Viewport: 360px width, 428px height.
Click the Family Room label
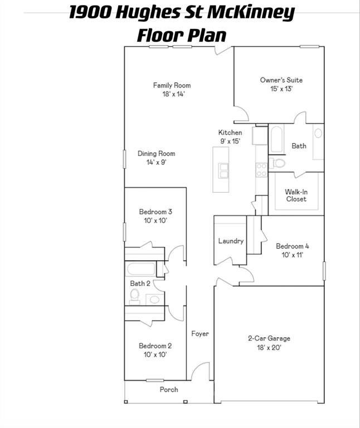tap(172, 85)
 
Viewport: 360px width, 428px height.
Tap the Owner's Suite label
tap(281, 80)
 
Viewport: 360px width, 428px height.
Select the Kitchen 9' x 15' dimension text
tap(230, 142)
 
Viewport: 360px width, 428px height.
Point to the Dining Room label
tap(156, 154)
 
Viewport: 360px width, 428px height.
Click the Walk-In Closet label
tap(296, 195)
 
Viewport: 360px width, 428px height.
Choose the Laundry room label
tap(231, 241)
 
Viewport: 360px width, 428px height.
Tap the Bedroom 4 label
tap(292, 246)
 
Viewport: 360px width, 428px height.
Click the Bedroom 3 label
tap(155, 212)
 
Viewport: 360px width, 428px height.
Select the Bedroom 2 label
tap(155, 346)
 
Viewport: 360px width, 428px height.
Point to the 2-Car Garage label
tap(269, 338)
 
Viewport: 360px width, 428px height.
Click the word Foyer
tap(200, 334)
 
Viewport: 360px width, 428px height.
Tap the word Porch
tap(169, 390)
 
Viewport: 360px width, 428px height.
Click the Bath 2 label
tap(140, 284)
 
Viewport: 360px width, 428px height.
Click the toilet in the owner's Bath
tap(278, 163)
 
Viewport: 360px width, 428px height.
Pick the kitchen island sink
tap(223, 171)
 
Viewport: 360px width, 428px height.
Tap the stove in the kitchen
tap(261, 170)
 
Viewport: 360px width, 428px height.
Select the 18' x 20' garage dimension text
tap(269, 348)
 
